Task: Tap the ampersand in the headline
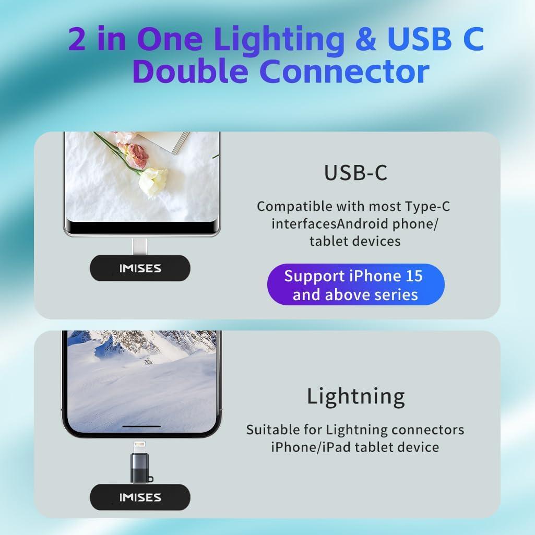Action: [366, 39]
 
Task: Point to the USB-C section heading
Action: [355, 173]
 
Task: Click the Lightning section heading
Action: [356, 397]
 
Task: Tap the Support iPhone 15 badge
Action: [355, 284]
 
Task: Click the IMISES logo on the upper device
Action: [140, 268]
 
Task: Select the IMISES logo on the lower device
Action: [140, 497]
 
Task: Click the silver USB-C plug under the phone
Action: [140, 247]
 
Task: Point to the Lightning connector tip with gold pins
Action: [140, 448]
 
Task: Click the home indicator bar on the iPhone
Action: [141, 426]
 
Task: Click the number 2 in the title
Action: [77, 39]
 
